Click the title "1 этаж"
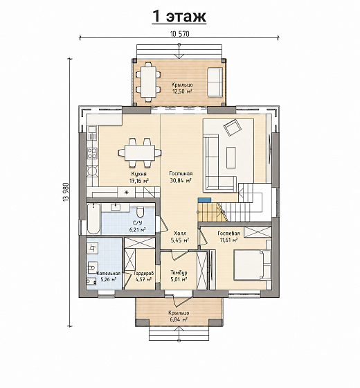coord(179,17)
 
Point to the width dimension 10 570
coord(180,34)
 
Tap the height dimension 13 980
coord(66,193)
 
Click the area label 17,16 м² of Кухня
coord(139,181)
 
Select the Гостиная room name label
coord(181,173)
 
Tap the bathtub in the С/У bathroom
coord(93,218)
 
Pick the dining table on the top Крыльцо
coord(148,82)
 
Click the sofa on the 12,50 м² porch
coord(215,82)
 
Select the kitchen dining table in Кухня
coord(140,152)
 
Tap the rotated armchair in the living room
coord(232,127)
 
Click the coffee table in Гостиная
coord(231,157)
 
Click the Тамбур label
coord(179,273)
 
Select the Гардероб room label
coord(144,274)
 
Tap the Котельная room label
coord(109,274)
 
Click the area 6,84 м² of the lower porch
coord(179,319)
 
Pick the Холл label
coord(180,233)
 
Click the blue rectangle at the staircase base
coord(204,200)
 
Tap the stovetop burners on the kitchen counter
coord(93,153)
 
